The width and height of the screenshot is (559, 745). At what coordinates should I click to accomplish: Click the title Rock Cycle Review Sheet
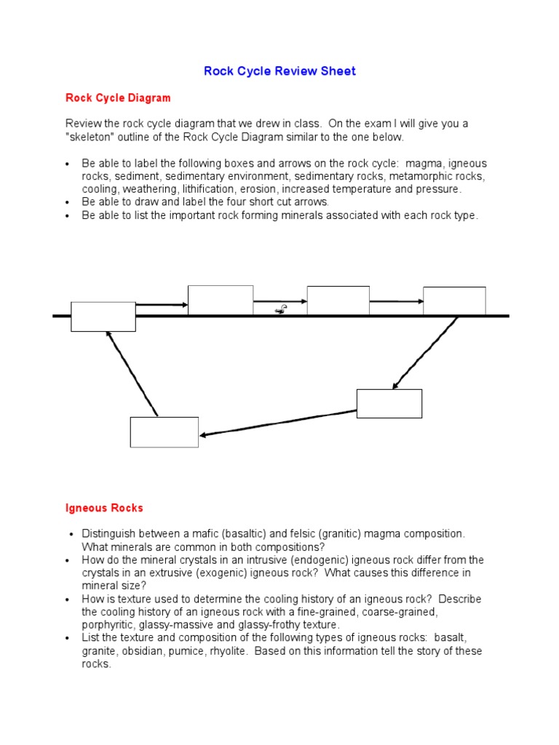tap(279, 71)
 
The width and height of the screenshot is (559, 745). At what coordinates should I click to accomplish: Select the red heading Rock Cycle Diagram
tap(118, 97)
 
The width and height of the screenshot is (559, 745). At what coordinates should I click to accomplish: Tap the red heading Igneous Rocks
tap(104, 508)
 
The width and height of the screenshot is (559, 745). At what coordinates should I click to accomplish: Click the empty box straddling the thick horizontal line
tap(103, 316)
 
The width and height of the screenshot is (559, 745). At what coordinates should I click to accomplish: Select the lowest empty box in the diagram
tap(164, 432)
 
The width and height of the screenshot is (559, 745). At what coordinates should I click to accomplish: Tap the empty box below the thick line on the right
tap(389, 404)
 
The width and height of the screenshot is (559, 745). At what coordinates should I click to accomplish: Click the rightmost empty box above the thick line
tap(454, 300)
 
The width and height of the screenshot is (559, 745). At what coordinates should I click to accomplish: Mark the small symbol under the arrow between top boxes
tap(280, 311)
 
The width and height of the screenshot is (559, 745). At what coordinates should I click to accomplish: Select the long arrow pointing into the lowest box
tap(277, 423)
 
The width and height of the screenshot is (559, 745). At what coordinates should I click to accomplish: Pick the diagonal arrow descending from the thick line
tap(425, 353)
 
